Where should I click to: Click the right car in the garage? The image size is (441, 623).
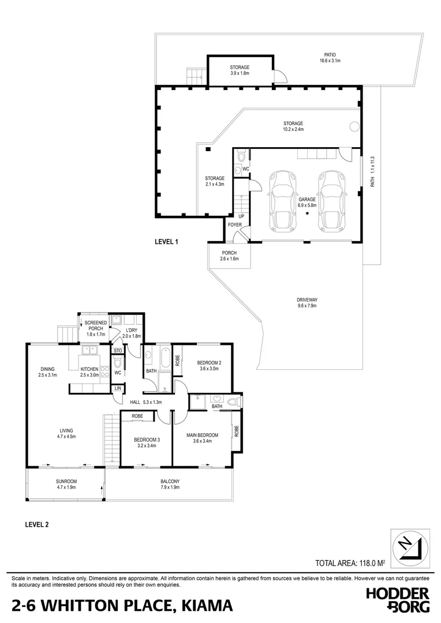pos(329,199)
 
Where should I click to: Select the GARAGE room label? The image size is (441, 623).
pos(307,202)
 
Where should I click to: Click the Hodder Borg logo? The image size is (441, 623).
pos(398,601)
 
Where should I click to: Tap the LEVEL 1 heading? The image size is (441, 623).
pos(166,242)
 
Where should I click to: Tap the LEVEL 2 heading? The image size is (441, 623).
pos(37,524)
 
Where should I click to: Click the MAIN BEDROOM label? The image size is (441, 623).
pos(203,438)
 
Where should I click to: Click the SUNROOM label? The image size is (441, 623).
pos(66,484)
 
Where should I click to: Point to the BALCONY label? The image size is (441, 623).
pos(170,484)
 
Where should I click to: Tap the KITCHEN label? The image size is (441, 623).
pos(89,372)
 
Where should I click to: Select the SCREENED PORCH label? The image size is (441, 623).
pos(96,326)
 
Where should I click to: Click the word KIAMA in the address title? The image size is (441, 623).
pos(208,605)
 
